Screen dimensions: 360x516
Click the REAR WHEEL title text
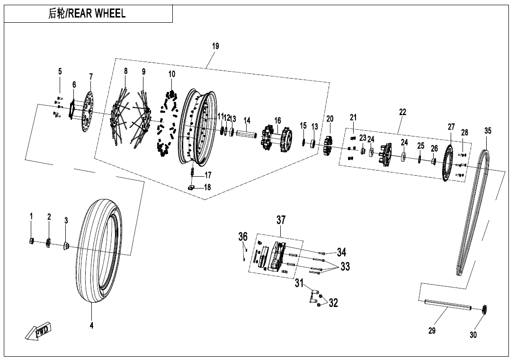pos(87,14)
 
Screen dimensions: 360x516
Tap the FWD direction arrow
pos(39,330)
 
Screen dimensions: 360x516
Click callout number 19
pos(215,46)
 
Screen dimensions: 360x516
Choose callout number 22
pos(402,113)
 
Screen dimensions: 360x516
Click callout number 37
pos(281,220)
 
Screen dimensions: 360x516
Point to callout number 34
pos(341,252)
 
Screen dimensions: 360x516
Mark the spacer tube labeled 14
pos(247,134)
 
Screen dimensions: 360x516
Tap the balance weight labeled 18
pos(192,188)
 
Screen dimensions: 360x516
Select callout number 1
pos(31,216)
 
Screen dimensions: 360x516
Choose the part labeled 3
pos(66,245)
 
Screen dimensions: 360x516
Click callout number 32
pos(333,303)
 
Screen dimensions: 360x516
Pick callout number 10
pos(171,74)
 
